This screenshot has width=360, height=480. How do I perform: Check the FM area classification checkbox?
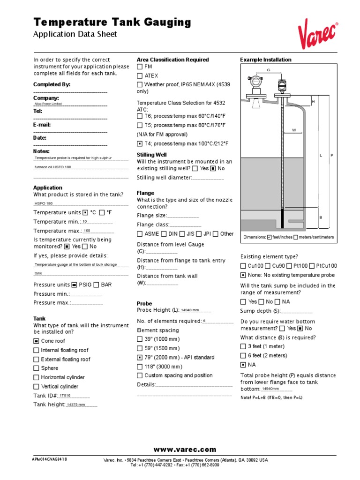140,67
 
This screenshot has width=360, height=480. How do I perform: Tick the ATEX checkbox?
140,75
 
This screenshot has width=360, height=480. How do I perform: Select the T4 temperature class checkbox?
140,143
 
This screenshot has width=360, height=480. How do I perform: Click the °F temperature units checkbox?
102,212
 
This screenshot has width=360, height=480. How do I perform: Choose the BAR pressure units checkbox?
96,285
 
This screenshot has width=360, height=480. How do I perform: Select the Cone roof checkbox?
36,341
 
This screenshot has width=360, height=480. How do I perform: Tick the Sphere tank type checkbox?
36,368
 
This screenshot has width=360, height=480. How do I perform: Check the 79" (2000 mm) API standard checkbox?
140,357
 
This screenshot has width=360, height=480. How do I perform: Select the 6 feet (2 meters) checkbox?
243,355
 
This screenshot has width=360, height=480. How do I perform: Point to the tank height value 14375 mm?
76,405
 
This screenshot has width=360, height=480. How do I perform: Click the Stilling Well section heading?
151,154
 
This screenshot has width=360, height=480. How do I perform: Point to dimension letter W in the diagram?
294,130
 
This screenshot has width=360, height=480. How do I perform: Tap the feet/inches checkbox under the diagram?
269,237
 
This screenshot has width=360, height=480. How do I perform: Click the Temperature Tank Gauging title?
112,22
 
